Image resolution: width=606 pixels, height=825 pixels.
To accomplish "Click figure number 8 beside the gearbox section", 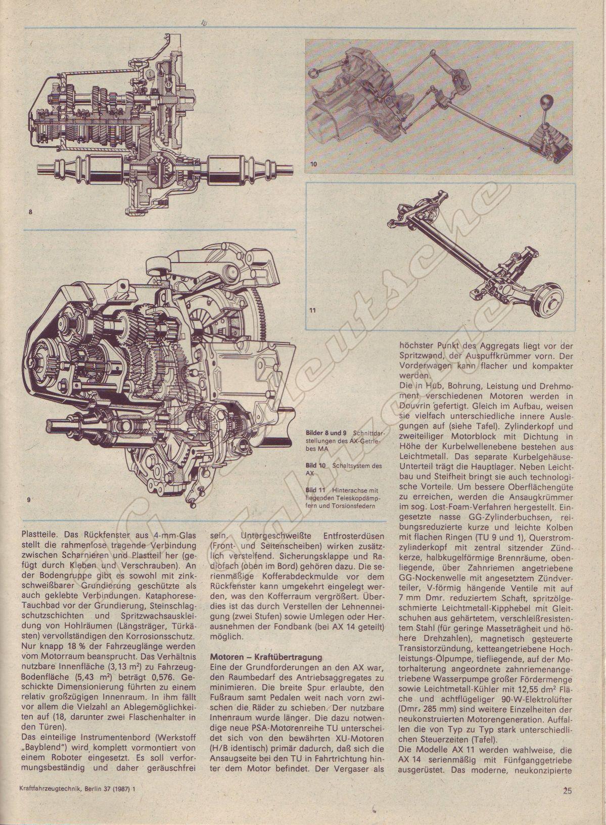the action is pos(30,211).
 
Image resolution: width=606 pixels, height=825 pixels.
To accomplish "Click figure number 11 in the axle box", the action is pos(312,311).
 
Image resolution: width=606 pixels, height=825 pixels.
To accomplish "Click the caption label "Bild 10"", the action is pos(316,465).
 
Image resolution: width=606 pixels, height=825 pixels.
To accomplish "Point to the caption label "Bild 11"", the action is pos(316,490).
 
